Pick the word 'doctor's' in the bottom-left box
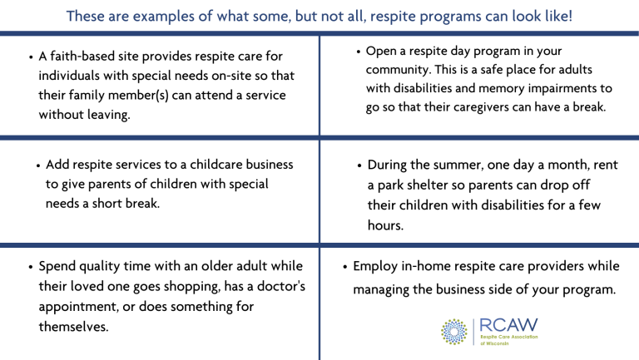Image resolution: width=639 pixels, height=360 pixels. (276, 287)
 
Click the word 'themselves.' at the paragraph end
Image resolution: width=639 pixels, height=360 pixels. (73, 326)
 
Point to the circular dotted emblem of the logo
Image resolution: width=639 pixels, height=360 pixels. (454, 332)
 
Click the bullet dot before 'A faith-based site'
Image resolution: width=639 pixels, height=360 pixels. (31, 58)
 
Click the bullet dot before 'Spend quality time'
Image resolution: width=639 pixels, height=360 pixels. (31, 269)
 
